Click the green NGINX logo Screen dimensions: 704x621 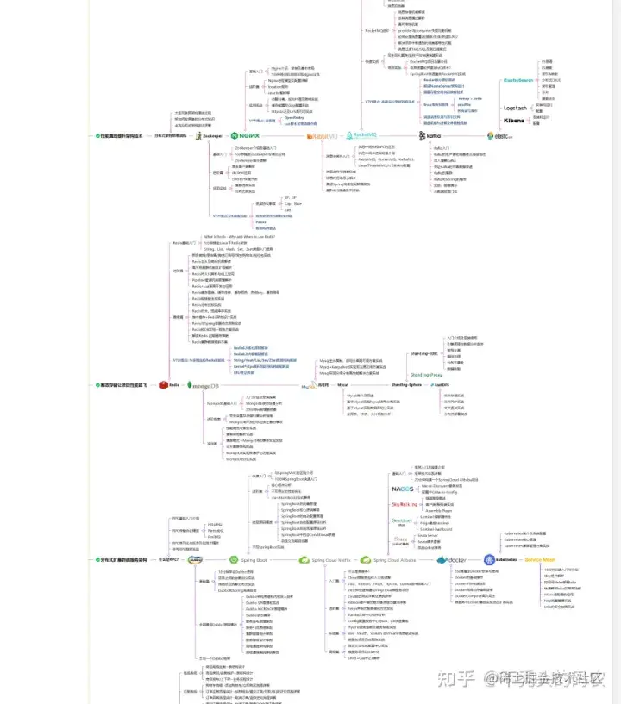(246, 135)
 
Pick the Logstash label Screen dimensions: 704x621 (514, 108)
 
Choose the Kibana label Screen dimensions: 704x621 (514, 121)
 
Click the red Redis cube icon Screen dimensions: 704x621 (161, 384)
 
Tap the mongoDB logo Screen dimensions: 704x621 (204, 385)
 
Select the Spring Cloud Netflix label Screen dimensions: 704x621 (325, 559)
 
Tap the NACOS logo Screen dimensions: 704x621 (404, 489)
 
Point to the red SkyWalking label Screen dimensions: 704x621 (404, 504)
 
